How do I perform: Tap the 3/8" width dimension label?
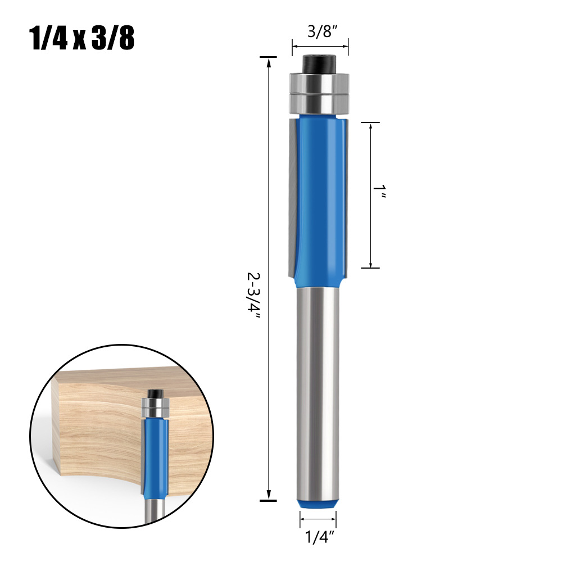[x=320, y=32]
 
